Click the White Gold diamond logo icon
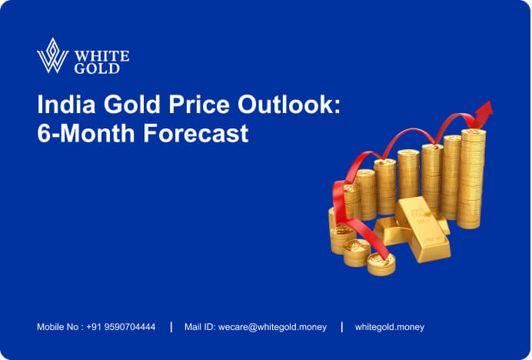[52, 55]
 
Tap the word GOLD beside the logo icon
[97, 68]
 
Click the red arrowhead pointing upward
[484, 113]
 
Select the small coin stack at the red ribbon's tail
[381, 263]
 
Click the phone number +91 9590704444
[121, 327]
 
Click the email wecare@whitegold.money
[272, 327]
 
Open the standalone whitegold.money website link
[389, 327]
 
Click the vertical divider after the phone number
[171, 327]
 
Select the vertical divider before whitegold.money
[341, 327]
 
